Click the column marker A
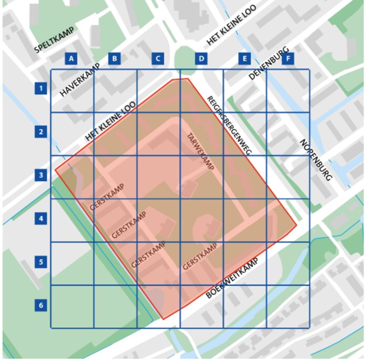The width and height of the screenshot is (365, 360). [71, 58]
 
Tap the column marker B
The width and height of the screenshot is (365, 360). [114, 58]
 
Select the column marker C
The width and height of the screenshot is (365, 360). [157, 58]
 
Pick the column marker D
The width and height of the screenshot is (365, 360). [201, 58]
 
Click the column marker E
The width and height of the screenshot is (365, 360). [244, 58]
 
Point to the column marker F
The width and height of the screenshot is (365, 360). [287, 58]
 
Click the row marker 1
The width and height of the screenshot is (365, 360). [40, 88]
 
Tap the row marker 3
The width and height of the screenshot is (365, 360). [40, 175]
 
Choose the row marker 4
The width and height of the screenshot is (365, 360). [40, 218]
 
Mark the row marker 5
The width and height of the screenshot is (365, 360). [40, 262]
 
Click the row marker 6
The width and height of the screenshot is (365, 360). [40, 305]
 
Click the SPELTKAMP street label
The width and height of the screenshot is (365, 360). [55, 42]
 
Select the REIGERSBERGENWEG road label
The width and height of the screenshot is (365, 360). [229, 125]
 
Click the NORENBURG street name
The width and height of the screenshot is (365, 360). [316, 160]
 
